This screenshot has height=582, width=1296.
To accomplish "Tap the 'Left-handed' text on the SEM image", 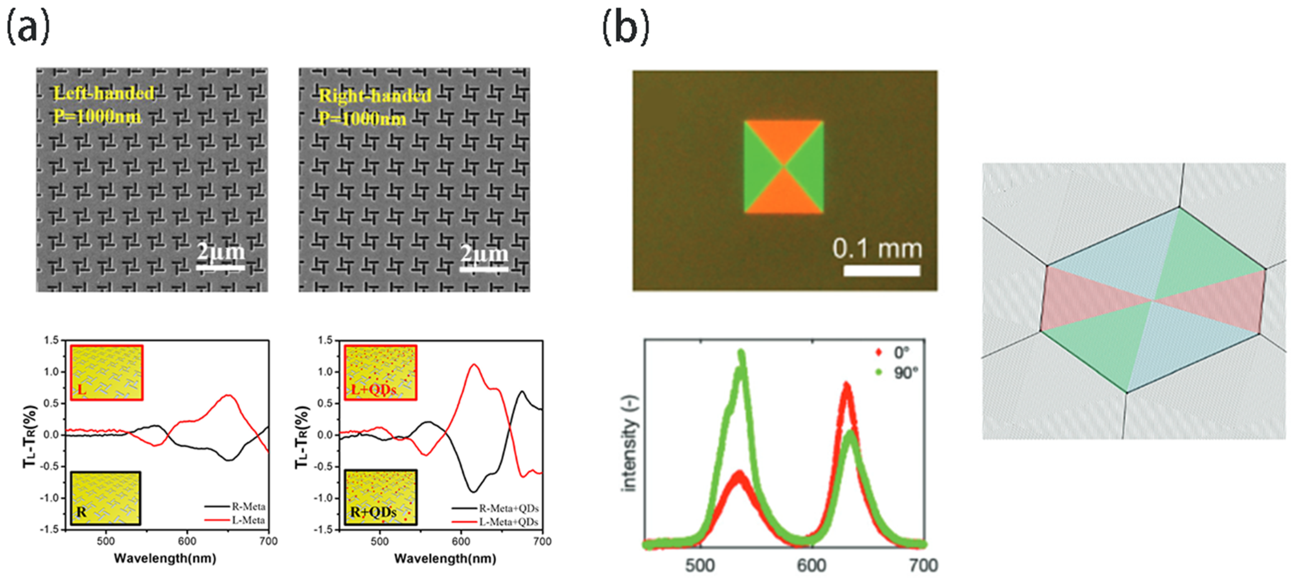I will coord(104,93).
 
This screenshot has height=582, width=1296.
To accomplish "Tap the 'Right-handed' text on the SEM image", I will coord(375,96).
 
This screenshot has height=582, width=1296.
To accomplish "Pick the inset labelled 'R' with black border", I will coord(105,498).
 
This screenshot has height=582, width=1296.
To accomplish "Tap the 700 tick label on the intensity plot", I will coord(923,565).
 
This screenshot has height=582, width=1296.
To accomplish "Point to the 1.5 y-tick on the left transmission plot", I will coord(51,341).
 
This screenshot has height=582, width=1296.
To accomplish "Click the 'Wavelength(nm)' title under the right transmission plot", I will coord(445,558).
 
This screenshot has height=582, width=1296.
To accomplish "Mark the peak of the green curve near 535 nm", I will coord(741,352).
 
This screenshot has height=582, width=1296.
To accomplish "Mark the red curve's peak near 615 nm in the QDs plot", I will coord(473,365).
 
